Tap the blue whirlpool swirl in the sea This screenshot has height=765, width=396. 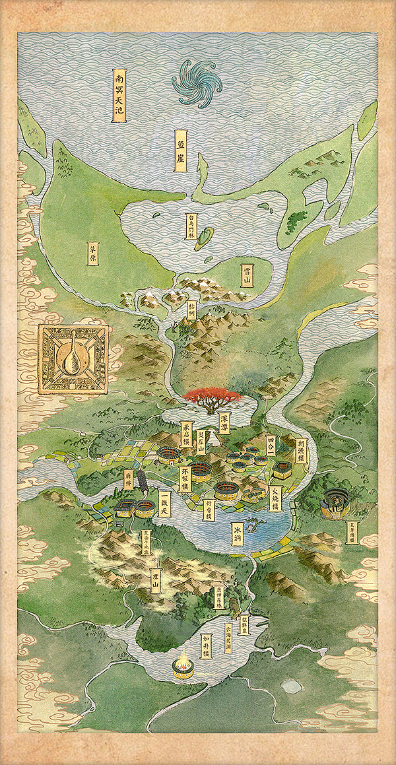pyautogui.click(x=194, y=83)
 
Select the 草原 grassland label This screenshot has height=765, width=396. pyautogui.click(x=93, y=252)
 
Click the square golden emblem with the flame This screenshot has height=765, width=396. pyautogui.click(x=73, y=359)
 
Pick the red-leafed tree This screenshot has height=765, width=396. pyautogui.click(x=212, y=397)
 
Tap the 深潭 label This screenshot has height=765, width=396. pyautogui.click(x=226, y=422)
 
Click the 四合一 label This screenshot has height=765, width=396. pyautogui.click(x=271, y=443)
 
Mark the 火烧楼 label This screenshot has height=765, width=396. pyautogui.click(x=276, y=498)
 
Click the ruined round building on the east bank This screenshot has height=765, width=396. pyautogui.click(x=334, y=503)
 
